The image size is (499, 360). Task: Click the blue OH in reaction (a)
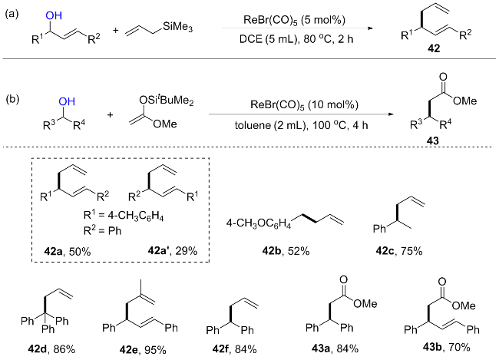point(54,15)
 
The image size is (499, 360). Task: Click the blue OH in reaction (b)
point(67,101)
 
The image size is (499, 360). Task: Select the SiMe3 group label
point(177,27)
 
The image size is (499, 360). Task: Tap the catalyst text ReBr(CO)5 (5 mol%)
point(294,20)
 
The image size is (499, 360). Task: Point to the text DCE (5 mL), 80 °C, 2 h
point(296,39)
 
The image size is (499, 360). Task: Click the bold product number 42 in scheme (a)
point(434,48)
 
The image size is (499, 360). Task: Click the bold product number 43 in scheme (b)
point(433,140)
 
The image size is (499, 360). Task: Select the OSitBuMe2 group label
point(166,101)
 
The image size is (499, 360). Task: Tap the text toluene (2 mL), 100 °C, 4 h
point(302,125)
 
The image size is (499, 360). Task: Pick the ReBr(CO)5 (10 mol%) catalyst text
point(304,104)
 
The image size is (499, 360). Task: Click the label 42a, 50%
point(67,252)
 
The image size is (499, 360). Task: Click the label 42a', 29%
point(173,251)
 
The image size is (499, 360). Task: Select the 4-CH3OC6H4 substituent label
point(259,224)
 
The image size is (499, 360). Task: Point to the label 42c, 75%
point(399,251)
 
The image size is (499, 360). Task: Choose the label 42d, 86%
point(51,349)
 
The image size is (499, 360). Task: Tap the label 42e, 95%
point(143,350)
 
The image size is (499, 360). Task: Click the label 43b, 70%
point(447,347)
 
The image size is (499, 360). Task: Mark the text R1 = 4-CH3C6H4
point(124,216)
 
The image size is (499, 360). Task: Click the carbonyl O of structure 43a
point(343,279)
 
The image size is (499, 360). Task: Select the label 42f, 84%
point(234,349)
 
